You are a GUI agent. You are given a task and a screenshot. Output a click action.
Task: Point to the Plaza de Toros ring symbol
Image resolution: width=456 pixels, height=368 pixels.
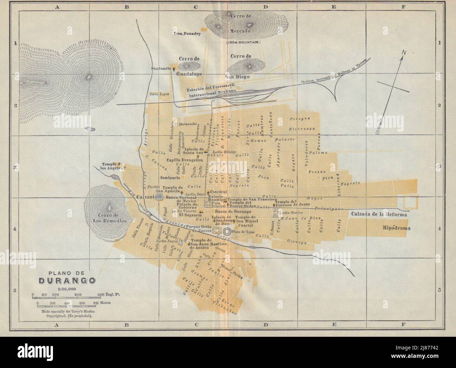pos(227,231)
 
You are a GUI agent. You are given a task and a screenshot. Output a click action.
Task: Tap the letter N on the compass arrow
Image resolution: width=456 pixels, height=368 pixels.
pos(404,53)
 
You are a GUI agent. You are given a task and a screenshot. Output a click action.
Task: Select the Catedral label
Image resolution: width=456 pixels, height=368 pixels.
pos(219,192)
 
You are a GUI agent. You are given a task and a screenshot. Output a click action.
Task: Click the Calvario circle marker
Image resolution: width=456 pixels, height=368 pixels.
pos(160,197)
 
